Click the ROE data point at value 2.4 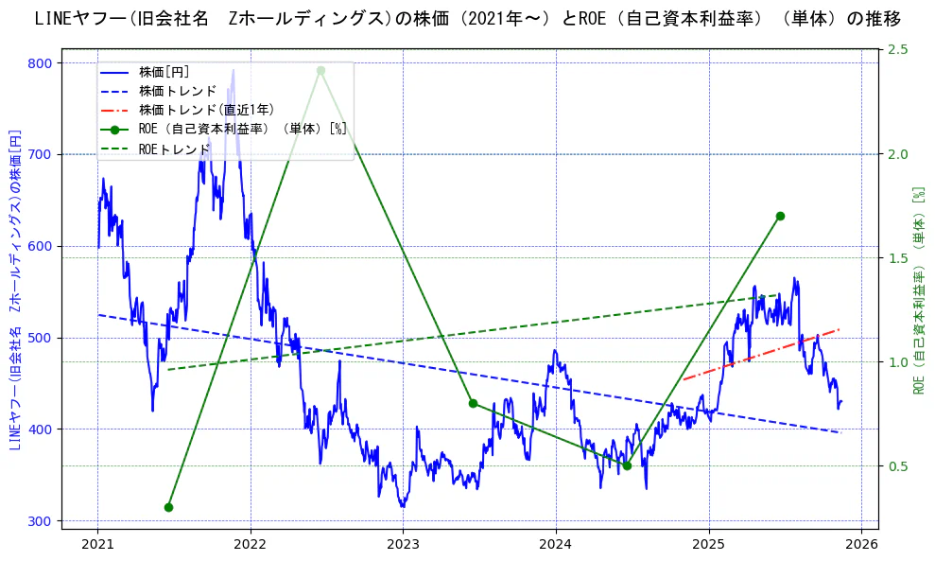320,70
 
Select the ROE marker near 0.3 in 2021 168,507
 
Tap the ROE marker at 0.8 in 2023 473,403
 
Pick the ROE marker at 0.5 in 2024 627,465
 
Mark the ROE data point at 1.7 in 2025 780,216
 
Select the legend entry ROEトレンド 174,149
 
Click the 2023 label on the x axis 403,544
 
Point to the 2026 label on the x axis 861,544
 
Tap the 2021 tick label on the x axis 97,544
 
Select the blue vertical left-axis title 14,289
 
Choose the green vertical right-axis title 918,289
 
